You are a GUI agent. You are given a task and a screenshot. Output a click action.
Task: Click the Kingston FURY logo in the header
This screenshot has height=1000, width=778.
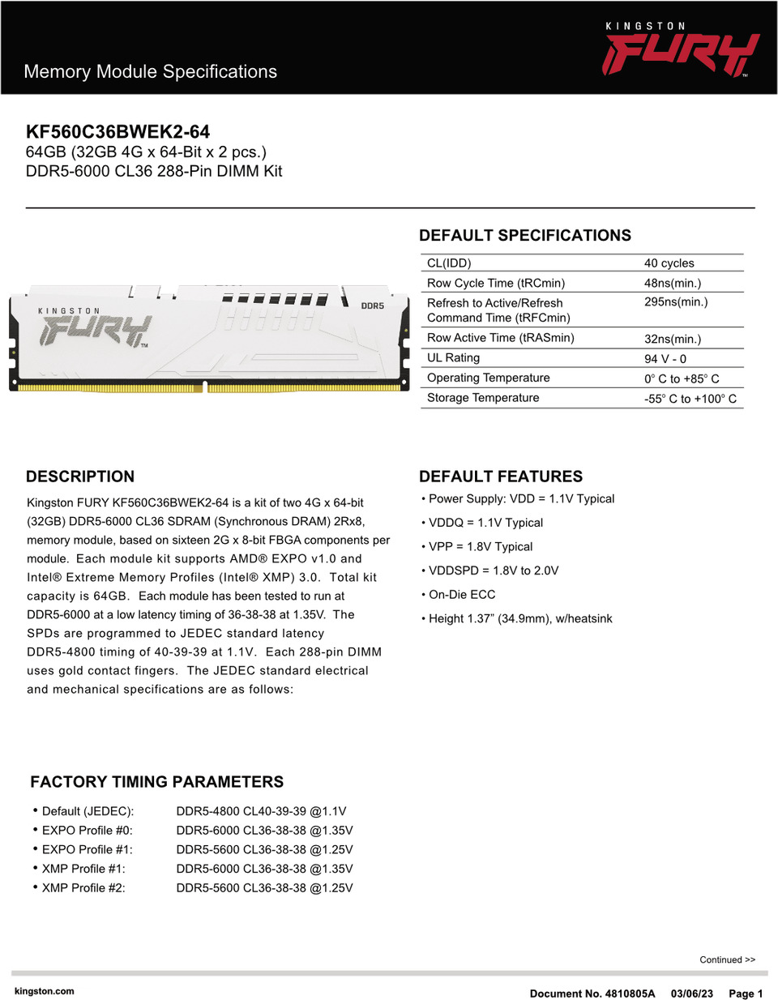click(x=681, y=50)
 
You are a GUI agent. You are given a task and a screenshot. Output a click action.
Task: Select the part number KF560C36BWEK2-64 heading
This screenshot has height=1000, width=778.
click(x=118, y=132)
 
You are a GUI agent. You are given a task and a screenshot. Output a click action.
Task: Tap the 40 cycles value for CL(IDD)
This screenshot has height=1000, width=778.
click(x=669, y=263)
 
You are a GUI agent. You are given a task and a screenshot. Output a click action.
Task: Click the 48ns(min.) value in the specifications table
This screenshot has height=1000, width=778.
click(x=672, y=283)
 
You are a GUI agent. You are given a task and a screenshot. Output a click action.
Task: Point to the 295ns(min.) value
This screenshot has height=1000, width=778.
click(x=675, y=302)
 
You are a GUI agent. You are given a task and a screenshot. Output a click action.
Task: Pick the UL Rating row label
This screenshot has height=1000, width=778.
click(x=453, y=358)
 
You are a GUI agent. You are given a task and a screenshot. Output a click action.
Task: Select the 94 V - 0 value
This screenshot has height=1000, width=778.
click(x=665, y=359)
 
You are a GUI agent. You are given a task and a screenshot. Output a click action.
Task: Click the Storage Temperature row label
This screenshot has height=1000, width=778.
click(x=482, y=398)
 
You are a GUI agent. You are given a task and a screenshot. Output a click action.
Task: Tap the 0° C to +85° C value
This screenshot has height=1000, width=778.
click(x=681, y=378)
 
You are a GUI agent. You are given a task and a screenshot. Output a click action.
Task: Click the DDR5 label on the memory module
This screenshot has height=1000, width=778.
click(x=372, y=306)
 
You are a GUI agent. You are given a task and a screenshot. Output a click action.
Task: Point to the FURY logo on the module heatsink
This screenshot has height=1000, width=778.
click(x=95, y=330)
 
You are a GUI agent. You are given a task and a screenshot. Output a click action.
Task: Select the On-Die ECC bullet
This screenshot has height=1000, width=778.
click(x=461, y=595)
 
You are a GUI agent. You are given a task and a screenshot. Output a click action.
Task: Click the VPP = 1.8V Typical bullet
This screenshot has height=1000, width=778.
click(x=480, y=547)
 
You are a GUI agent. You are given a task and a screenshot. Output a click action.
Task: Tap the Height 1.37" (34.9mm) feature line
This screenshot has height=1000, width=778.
click(x=519, y=619)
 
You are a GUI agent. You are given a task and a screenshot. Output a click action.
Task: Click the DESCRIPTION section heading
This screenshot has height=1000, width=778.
click(x=80, y=476)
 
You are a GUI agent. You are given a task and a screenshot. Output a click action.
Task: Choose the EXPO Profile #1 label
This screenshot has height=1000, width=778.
click(x=87, y=850)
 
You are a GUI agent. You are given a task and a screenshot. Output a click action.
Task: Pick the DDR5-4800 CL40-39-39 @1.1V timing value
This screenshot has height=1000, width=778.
click(x=261, y=811)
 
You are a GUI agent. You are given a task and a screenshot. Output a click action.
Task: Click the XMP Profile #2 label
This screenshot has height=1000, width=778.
click(x=83, y=888)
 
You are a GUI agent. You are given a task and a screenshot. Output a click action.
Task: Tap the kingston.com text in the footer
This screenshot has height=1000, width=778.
click(x=44, y=991)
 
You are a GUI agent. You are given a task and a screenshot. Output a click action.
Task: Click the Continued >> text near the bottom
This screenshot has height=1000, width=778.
click(x=727, y=959)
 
